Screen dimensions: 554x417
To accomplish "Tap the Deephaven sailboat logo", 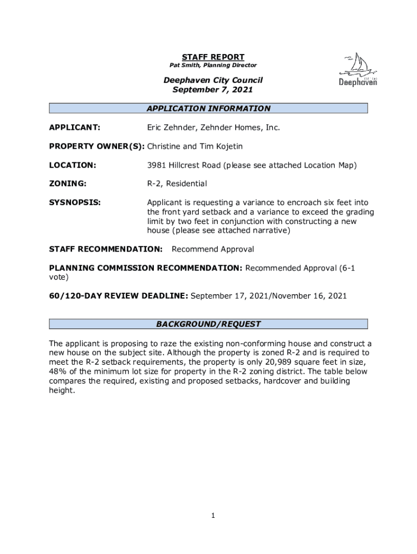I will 358,70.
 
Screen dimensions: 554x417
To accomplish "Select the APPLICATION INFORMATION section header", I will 208,108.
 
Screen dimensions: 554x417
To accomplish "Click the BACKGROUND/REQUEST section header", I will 208,324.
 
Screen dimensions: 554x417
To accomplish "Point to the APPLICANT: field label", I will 75,128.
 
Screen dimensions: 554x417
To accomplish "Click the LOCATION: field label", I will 73,165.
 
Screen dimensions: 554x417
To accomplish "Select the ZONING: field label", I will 68,184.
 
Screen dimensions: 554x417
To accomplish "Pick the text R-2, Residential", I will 177,184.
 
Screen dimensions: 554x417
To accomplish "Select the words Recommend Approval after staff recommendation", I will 213,249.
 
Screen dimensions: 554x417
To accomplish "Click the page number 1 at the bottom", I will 213,516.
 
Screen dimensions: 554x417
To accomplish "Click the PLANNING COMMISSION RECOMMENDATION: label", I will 146,268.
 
